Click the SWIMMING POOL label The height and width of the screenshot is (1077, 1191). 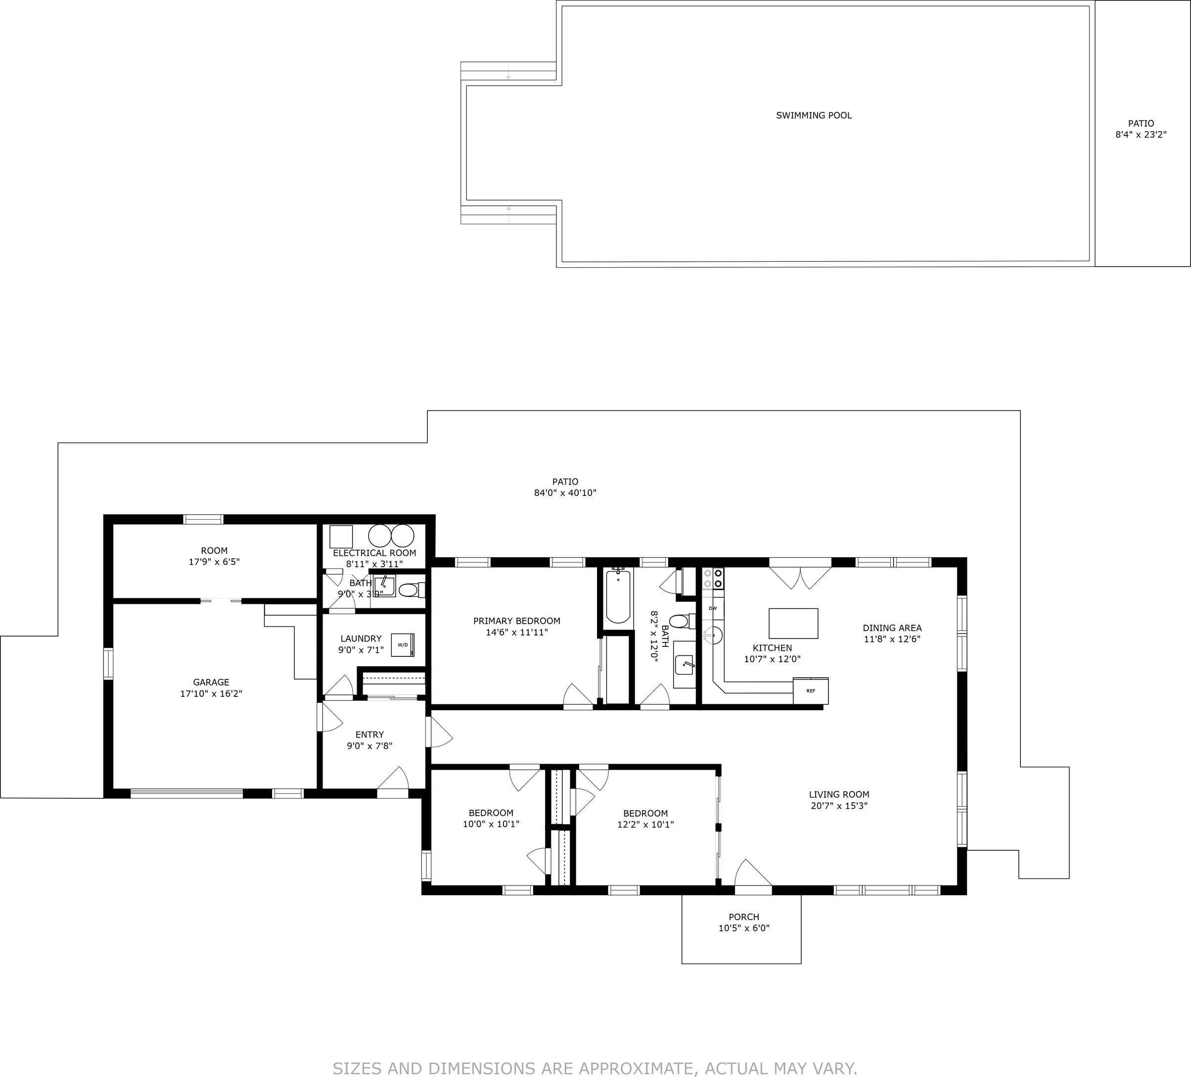(814, 116)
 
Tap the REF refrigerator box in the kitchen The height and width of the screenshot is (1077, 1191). (811, 690)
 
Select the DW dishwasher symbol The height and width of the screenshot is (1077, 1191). (713, 608)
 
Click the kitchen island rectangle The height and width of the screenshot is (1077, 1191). (793, 624)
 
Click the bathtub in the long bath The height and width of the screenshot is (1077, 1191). (618, 596)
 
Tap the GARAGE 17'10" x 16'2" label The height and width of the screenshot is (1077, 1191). (211, 687)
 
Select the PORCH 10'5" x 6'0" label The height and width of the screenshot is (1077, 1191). (744, 922)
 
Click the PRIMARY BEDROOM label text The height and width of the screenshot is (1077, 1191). (516, 621)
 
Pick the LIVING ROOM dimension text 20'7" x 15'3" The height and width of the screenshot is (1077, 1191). (839, 806)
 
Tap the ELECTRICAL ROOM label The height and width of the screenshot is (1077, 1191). (374, 553)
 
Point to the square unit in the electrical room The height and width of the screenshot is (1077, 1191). (341, 537)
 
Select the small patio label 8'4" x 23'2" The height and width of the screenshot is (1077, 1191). (1140, 135)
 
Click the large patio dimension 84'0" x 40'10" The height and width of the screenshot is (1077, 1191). (565, 493)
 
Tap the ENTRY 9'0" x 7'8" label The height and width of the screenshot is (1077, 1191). (369, 740)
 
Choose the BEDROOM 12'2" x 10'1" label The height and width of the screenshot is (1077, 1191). (645, 819)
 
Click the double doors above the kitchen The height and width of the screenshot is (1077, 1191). (800, 576)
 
